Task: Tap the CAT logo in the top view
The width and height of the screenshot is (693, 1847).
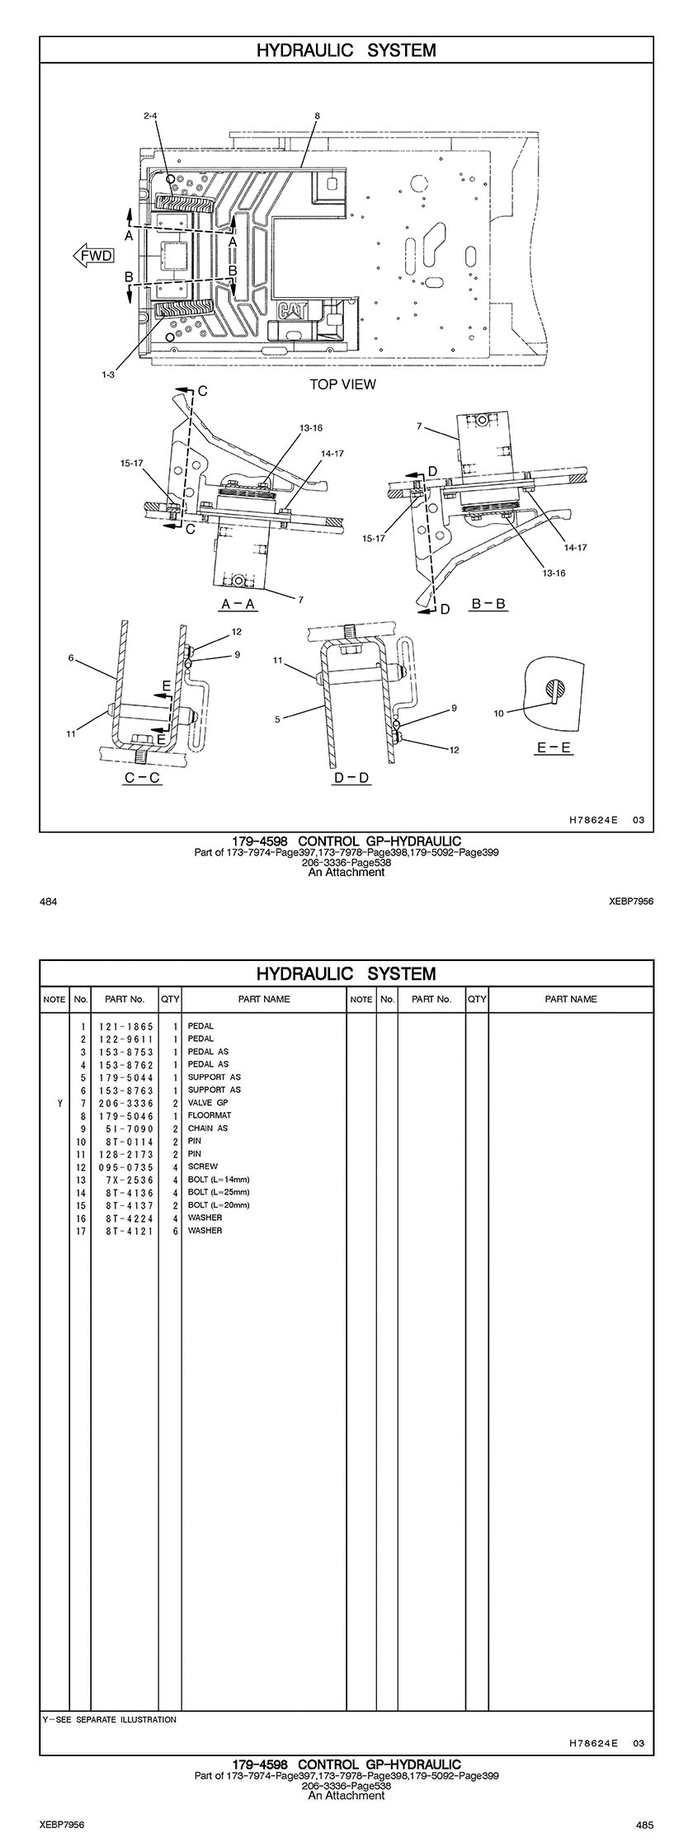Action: tap(294, 311)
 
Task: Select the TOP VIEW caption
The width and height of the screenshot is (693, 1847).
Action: tap(342, 384)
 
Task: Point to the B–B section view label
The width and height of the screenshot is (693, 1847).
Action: tap(488, 604)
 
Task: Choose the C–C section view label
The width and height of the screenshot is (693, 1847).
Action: tap(142, 778)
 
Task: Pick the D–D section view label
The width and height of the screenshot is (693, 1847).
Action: tap(351, 778)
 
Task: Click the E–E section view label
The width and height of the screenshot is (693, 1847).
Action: tap(554, 748)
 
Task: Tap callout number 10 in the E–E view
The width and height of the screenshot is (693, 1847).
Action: tap(498, 714)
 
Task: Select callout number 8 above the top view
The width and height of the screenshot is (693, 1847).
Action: tap(317, 116)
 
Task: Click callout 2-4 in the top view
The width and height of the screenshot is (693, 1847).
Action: tap(150, 116)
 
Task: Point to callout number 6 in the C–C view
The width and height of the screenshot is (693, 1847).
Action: tap(72, 658)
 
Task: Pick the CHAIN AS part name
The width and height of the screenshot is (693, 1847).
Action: tap(208, 1128)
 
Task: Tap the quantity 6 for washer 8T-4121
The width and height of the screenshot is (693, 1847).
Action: tap(176, 1230)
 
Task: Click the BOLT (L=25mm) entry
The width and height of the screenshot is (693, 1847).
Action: tap(218, 1192)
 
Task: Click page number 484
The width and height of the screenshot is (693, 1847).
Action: tap(48, 902)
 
